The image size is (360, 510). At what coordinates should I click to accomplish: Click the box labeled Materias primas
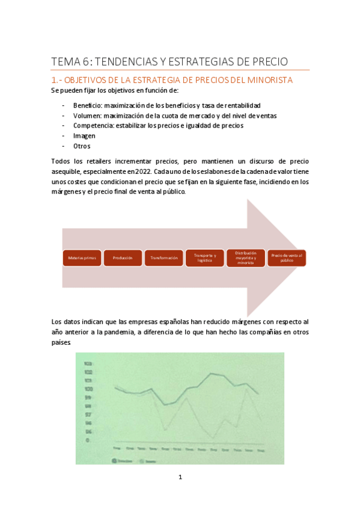point(81,258)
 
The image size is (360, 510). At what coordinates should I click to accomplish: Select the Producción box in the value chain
point(123,258)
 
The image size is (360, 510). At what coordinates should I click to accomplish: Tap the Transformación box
point(164,258)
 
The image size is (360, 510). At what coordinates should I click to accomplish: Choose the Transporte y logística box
point(205,258)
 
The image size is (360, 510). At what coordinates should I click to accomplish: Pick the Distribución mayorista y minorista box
point(246,258)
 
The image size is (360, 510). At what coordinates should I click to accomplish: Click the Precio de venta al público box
point(287,258)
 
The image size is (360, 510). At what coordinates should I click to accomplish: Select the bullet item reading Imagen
point(84,136)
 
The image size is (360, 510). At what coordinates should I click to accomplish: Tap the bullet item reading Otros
point(82,146)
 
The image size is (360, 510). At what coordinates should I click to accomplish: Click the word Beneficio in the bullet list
point(88,105)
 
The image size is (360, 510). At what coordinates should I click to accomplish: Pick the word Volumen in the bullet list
point(87,115)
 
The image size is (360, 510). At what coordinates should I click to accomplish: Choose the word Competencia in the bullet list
point(93,126)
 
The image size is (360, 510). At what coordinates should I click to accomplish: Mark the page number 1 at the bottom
point(180,478)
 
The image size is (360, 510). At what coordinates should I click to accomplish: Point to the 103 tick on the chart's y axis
point(88,364)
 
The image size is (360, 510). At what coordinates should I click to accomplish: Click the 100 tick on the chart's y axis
point(88,389)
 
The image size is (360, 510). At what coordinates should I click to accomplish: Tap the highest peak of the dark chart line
point(212,373)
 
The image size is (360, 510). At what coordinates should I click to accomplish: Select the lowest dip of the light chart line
point(213,437)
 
